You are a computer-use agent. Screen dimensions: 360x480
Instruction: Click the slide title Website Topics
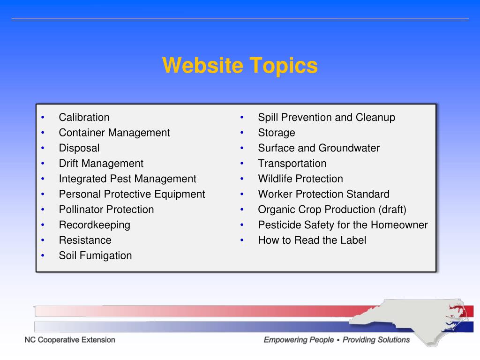[240, 66]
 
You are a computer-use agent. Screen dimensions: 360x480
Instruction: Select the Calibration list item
[84, 117]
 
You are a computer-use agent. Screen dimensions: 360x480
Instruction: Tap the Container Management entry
[114, 133]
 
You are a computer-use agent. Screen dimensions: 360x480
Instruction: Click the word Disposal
[79, 148]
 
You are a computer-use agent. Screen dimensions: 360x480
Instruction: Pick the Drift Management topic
[101, 164]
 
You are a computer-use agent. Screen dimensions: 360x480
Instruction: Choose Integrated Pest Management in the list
[127, 179]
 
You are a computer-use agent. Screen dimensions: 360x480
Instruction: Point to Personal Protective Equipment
[132, 194]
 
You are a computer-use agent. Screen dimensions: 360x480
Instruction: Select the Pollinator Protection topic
[106, 210]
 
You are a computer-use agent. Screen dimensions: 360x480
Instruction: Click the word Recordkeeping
[94, 225]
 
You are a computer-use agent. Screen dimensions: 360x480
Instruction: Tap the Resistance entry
[85, 240]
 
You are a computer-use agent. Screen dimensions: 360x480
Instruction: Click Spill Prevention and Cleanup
[326, 117]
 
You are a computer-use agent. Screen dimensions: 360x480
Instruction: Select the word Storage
[277, 133]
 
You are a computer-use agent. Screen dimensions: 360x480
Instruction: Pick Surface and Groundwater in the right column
[319, 148]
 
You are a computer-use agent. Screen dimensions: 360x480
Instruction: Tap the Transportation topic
[292, 164]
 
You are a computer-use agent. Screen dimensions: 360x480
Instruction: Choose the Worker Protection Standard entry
[323, 194]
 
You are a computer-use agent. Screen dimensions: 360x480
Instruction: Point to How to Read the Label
[312, 240]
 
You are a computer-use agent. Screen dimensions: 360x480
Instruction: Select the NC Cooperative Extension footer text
[70, 340]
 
